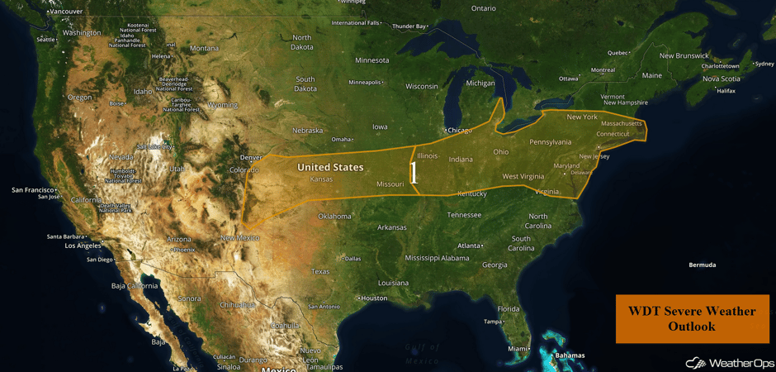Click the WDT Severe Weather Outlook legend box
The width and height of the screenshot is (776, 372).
click(692, 318)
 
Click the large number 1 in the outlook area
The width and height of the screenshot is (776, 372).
click(414, 173)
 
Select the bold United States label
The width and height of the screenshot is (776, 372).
click(330, 167)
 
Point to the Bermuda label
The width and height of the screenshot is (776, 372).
click(702, 265)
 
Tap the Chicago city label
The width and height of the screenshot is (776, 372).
click(460, 131)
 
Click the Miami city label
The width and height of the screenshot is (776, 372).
click(518, 348)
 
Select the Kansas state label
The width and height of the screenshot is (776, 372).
click(321, 179)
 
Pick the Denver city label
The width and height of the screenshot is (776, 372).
click(250, 157)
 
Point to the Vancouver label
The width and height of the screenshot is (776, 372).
click(66, 12)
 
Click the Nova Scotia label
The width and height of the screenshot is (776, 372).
click(722, 79)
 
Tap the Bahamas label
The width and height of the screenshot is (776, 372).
click(570, 355)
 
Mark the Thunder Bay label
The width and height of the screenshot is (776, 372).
click(409, 26)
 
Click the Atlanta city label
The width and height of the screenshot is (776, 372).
click(471, 246)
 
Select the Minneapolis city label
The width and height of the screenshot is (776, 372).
click(365, 82)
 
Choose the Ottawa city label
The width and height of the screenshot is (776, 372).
click(569, 79)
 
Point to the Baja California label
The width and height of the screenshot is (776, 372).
click(134, 286)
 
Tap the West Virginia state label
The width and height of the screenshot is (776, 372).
click(523, 176)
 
